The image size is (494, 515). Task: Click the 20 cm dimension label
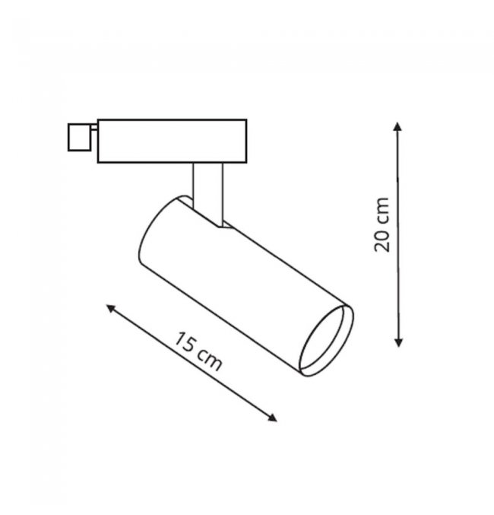[382, 224]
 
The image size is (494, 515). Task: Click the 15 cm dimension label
[198, 351]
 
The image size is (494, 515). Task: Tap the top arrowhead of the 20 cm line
[397, 126]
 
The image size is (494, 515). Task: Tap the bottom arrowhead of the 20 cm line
[398, 342]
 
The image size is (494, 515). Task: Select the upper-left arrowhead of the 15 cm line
[110, 308]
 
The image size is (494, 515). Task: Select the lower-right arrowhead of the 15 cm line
[272, 418]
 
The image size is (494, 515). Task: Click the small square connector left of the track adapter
[79, 137]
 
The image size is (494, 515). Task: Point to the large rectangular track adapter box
[172, 141]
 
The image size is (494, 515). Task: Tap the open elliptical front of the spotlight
[326, 341]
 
